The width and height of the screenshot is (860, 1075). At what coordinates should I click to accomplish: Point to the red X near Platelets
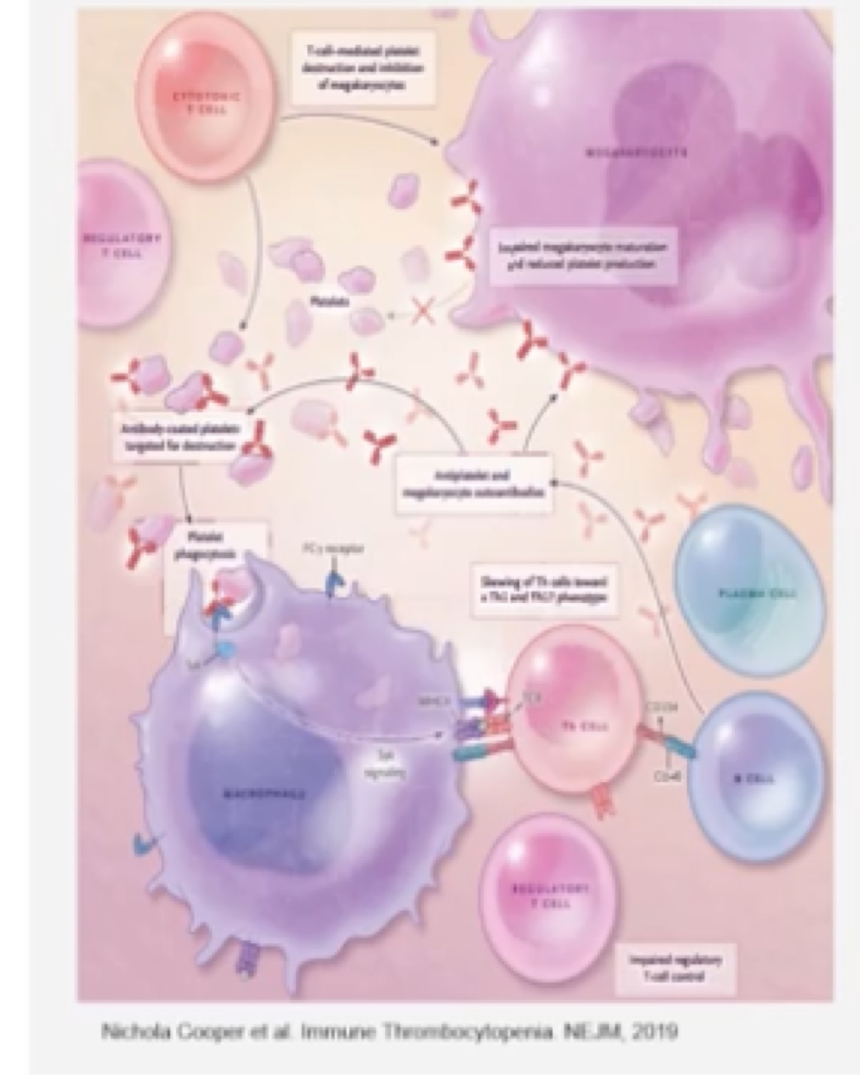(422, 313)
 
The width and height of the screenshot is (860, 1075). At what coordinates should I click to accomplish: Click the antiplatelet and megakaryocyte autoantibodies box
(473, 484)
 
